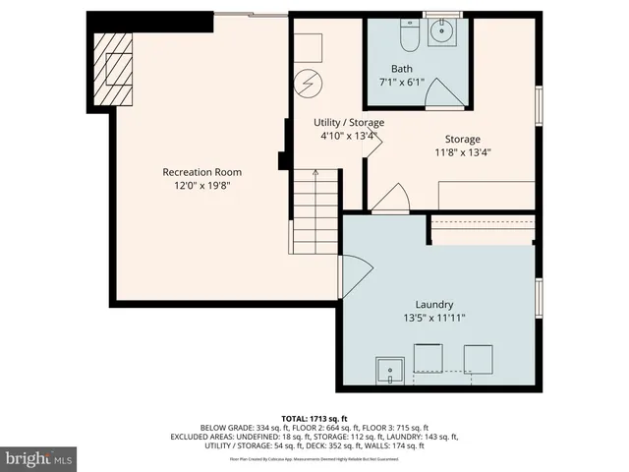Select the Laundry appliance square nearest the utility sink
[x=429, y=358]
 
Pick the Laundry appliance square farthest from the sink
[x=478, y=358]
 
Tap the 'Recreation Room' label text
[x=201, y=172]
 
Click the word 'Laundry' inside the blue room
[x=432, y=305]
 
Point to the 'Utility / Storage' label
[x=349, y=122]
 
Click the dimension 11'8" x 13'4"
[x=461, y=152]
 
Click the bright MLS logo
[x=39, y=458]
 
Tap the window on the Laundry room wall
[x=539, y=299]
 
